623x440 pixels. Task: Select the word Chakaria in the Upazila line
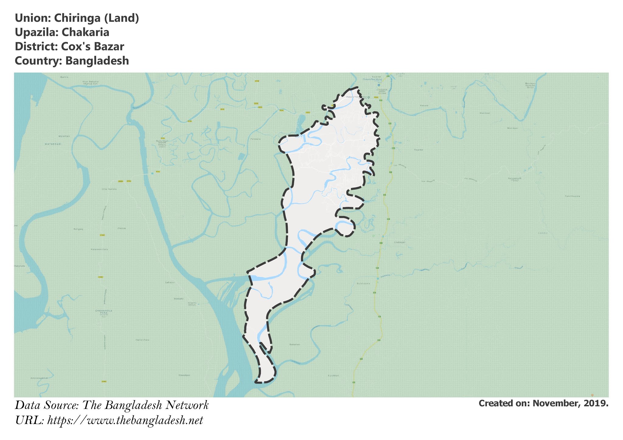tap(85, 32)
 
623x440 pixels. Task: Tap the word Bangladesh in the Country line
tap(97, 61)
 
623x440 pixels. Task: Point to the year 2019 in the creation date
tap(596, 403)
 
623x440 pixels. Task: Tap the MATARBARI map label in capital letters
tap(53, 144)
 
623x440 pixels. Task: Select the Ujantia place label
tap(64, 77)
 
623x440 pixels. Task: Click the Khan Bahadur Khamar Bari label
tap(91, 82)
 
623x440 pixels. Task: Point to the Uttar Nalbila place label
tap(109, 189)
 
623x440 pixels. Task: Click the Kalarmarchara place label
tap(99, 249)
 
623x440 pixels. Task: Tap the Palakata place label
tap(256, 139)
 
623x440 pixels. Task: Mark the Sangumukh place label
tap(514, 178)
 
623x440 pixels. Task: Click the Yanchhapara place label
tap(573, 196)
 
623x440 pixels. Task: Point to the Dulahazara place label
tap(363, 283)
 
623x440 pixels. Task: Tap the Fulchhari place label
tap(333, 376)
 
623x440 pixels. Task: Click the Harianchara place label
tap(142, 340)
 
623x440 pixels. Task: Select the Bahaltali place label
tap(295, 344)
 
